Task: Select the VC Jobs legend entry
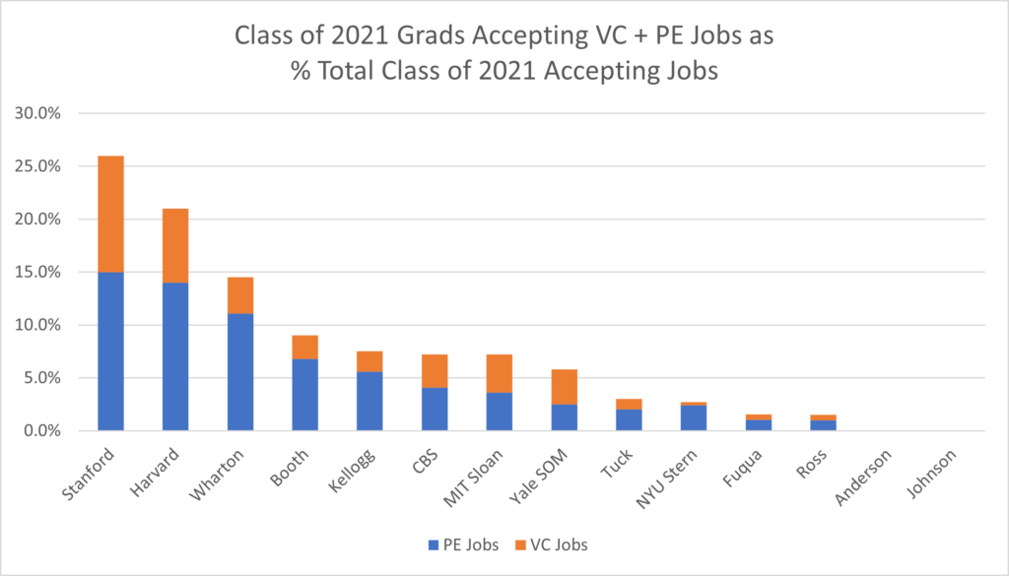(559, 544)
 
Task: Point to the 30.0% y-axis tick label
(38, 113)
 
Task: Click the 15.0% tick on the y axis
(38, 272)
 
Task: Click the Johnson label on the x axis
(929, 473)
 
